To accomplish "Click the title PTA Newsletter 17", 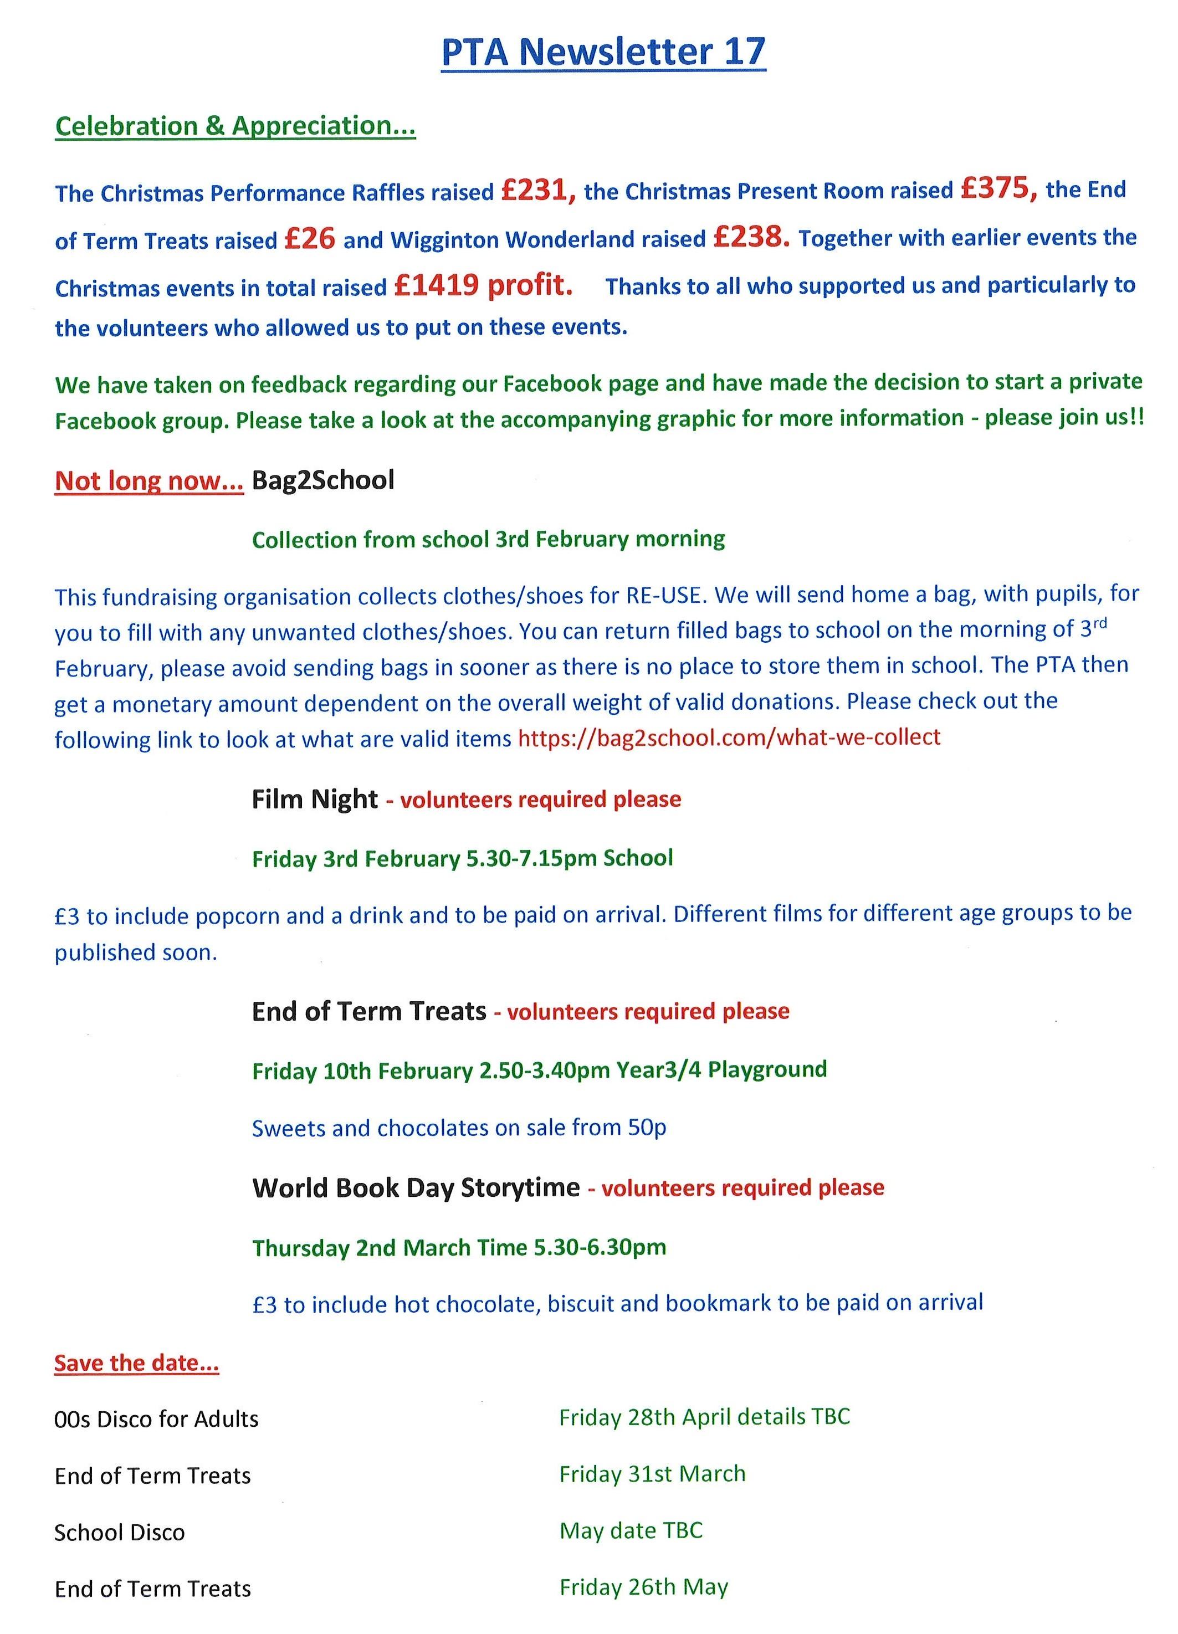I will pos(602,52).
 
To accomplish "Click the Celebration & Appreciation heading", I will pos(235,126).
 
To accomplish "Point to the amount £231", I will pos(537,191).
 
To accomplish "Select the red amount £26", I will pos(309,238).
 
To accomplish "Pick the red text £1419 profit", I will pos(484,286).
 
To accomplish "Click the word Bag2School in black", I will pos(323,480).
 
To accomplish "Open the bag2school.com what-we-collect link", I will pos(729,737).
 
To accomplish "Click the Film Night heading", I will pos(315,799).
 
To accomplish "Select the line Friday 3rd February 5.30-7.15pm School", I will pos(462,858).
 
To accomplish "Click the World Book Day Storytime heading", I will pos(416,1187).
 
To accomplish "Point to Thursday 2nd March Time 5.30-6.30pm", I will pos(459,1247).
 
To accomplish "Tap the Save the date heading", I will pos(136,1363).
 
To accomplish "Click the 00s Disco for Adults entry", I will pos(156,1420).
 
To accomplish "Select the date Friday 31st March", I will pos(652,1474).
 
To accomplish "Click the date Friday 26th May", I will pos(643,1587).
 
